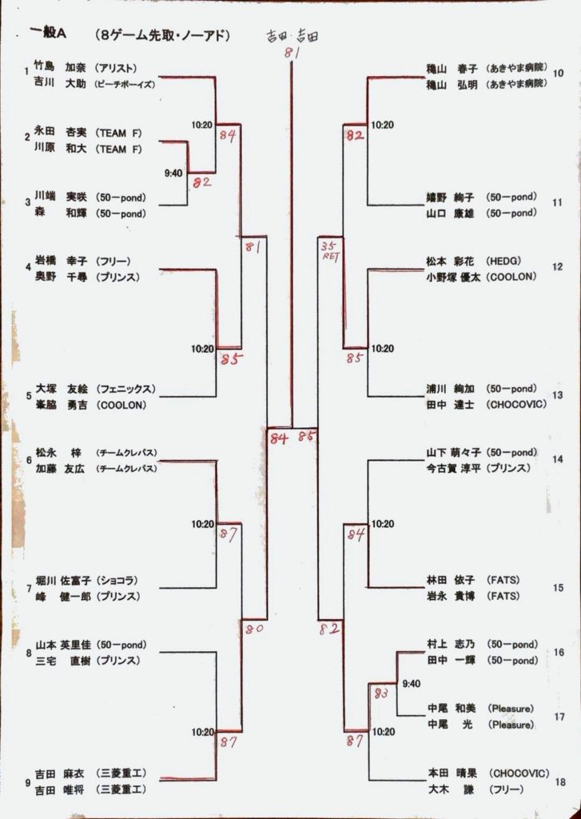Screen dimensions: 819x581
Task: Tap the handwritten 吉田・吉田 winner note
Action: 292,36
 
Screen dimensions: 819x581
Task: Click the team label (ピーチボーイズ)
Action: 125,84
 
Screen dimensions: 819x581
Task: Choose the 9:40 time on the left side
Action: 173,173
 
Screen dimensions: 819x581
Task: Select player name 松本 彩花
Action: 451,261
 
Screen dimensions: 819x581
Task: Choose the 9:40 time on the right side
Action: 411,684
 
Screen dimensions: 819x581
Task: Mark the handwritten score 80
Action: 254,629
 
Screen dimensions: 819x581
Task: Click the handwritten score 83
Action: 380,693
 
